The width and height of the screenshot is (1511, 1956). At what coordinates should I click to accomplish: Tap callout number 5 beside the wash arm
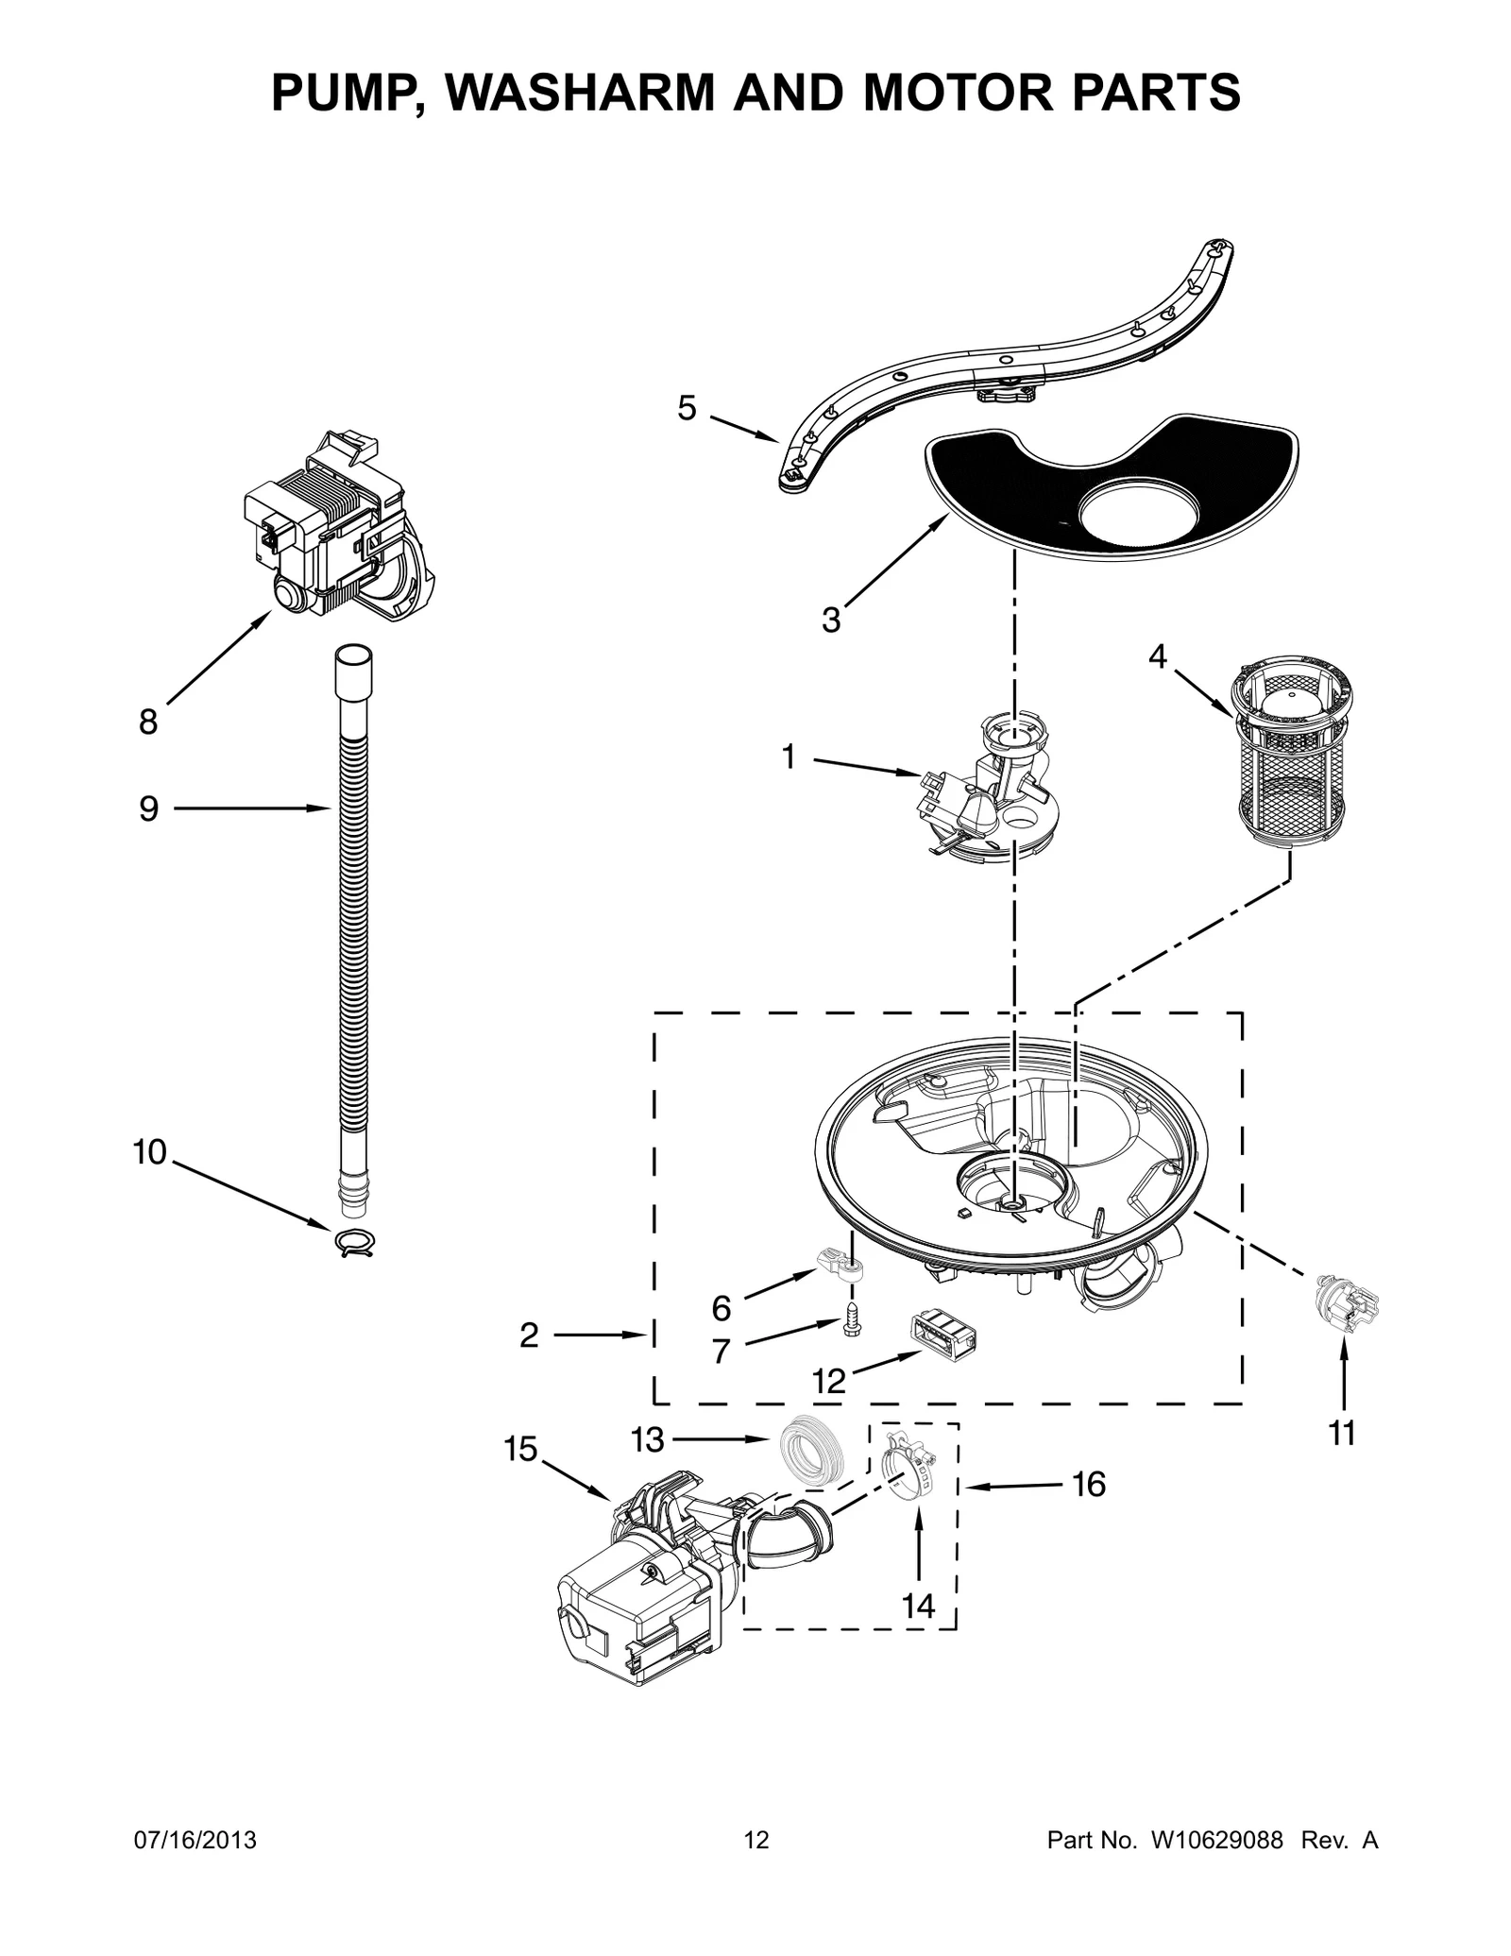point(688,408)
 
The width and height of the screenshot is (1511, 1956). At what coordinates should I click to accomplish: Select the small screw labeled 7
point(852,1316)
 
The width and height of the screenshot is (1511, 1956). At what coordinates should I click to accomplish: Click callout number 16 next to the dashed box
point(1089,1485)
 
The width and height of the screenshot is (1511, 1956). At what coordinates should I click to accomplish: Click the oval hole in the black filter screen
point(1139,519)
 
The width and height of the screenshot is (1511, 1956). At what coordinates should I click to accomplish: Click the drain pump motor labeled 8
point(336,529)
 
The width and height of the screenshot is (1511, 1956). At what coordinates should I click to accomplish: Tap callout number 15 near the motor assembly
point(520,1449)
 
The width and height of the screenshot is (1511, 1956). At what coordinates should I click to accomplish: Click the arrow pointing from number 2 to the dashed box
point(599,1335)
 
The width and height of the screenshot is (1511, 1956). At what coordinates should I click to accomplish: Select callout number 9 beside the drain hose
point(149,808)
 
